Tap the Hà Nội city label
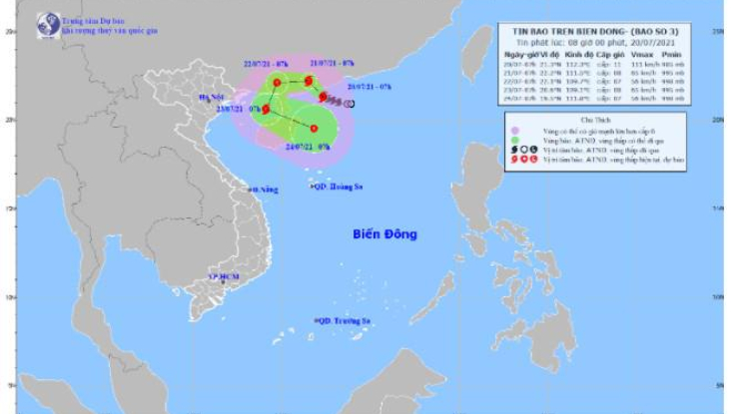tap(212, 98)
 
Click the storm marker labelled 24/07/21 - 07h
tap(314, 129)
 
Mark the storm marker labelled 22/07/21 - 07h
tap(276, 81)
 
